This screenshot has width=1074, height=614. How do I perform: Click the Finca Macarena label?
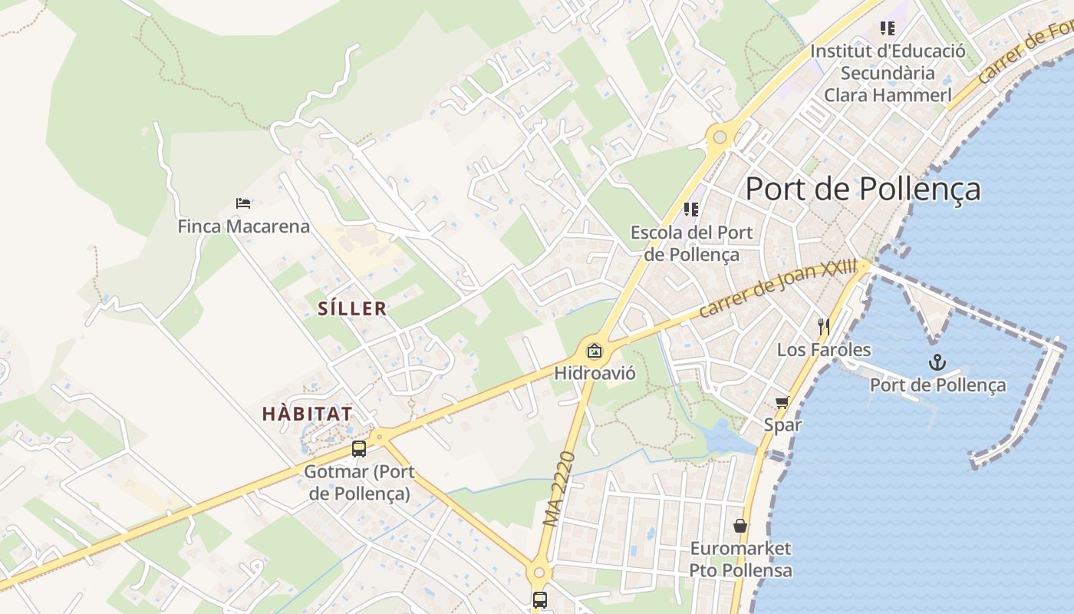(x=244, y=226)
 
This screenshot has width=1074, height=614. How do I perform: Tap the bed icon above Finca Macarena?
(x=243, y=203)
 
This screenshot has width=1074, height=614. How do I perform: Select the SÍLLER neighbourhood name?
(x=352, y=309)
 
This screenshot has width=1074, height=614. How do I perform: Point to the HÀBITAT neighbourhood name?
(x=307, y=414)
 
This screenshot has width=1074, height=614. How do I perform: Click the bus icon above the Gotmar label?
(x=359, y=449)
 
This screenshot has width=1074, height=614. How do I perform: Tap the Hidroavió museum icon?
(x=594, y=352)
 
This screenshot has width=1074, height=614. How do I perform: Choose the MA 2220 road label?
(x=559, y=489)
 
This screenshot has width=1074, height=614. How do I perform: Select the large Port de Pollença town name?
(x=863, y=189)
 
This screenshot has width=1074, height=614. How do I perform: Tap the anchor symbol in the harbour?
(x=937, y=361)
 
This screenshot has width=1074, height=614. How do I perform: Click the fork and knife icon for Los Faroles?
(x=824, y=327)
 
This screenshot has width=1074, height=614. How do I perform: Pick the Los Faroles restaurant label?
(x=824, y=350)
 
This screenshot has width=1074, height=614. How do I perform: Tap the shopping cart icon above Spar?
(x=782, y=402)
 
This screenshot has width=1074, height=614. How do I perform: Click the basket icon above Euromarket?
(x=740, y=526)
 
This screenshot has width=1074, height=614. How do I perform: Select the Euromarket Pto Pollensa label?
(x=740, y=560)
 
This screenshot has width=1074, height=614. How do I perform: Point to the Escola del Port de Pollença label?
(x=692, y=243)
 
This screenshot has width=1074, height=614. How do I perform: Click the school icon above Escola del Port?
(x=691, y=209)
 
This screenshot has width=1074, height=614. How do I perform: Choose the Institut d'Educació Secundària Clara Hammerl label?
(x=888, y=73)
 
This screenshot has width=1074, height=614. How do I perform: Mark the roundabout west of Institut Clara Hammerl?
(x=720, y=137)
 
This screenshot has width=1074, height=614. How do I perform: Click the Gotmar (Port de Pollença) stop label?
(x=359, y=483)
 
